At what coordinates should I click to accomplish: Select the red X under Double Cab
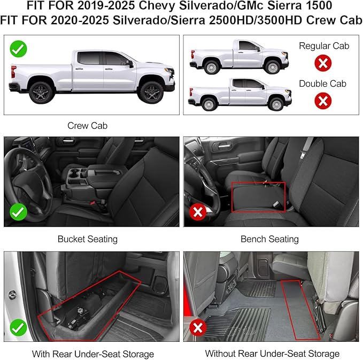(322, 100)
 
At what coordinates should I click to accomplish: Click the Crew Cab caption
(87, 125)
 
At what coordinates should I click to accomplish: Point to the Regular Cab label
(323, 46)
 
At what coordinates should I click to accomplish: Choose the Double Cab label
(322, 83)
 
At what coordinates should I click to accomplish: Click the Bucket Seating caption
(87, 239)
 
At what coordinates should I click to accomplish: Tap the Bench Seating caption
(269, 239)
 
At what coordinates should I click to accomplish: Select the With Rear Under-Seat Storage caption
(92, 354)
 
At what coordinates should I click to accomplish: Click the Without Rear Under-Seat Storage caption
(272, 354)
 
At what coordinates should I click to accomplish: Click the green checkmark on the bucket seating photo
(19, 212)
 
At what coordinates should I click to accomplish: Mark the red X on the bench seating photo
(198, 212)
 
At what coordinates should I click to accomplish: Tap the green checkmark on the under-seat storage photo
(19, 327)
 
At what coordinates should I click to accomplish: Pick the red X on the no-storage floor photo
(198, 327)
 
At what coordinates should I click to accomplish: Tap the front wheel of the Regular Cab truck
(273, 66)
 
